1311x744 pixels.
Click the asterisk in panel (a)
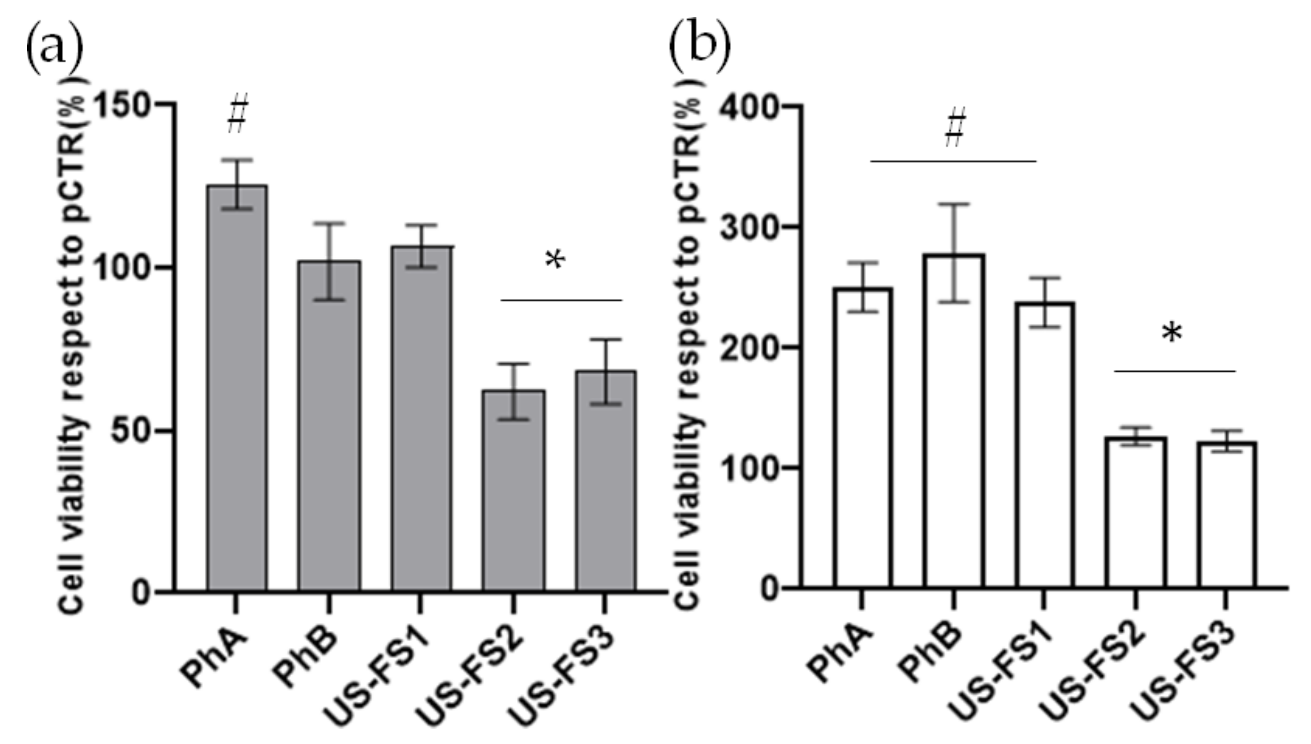pyautogui.click(x=555, y=261)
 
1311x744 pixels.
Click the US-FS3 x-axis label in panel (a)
pyautogui.click(x=562, y=675)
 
